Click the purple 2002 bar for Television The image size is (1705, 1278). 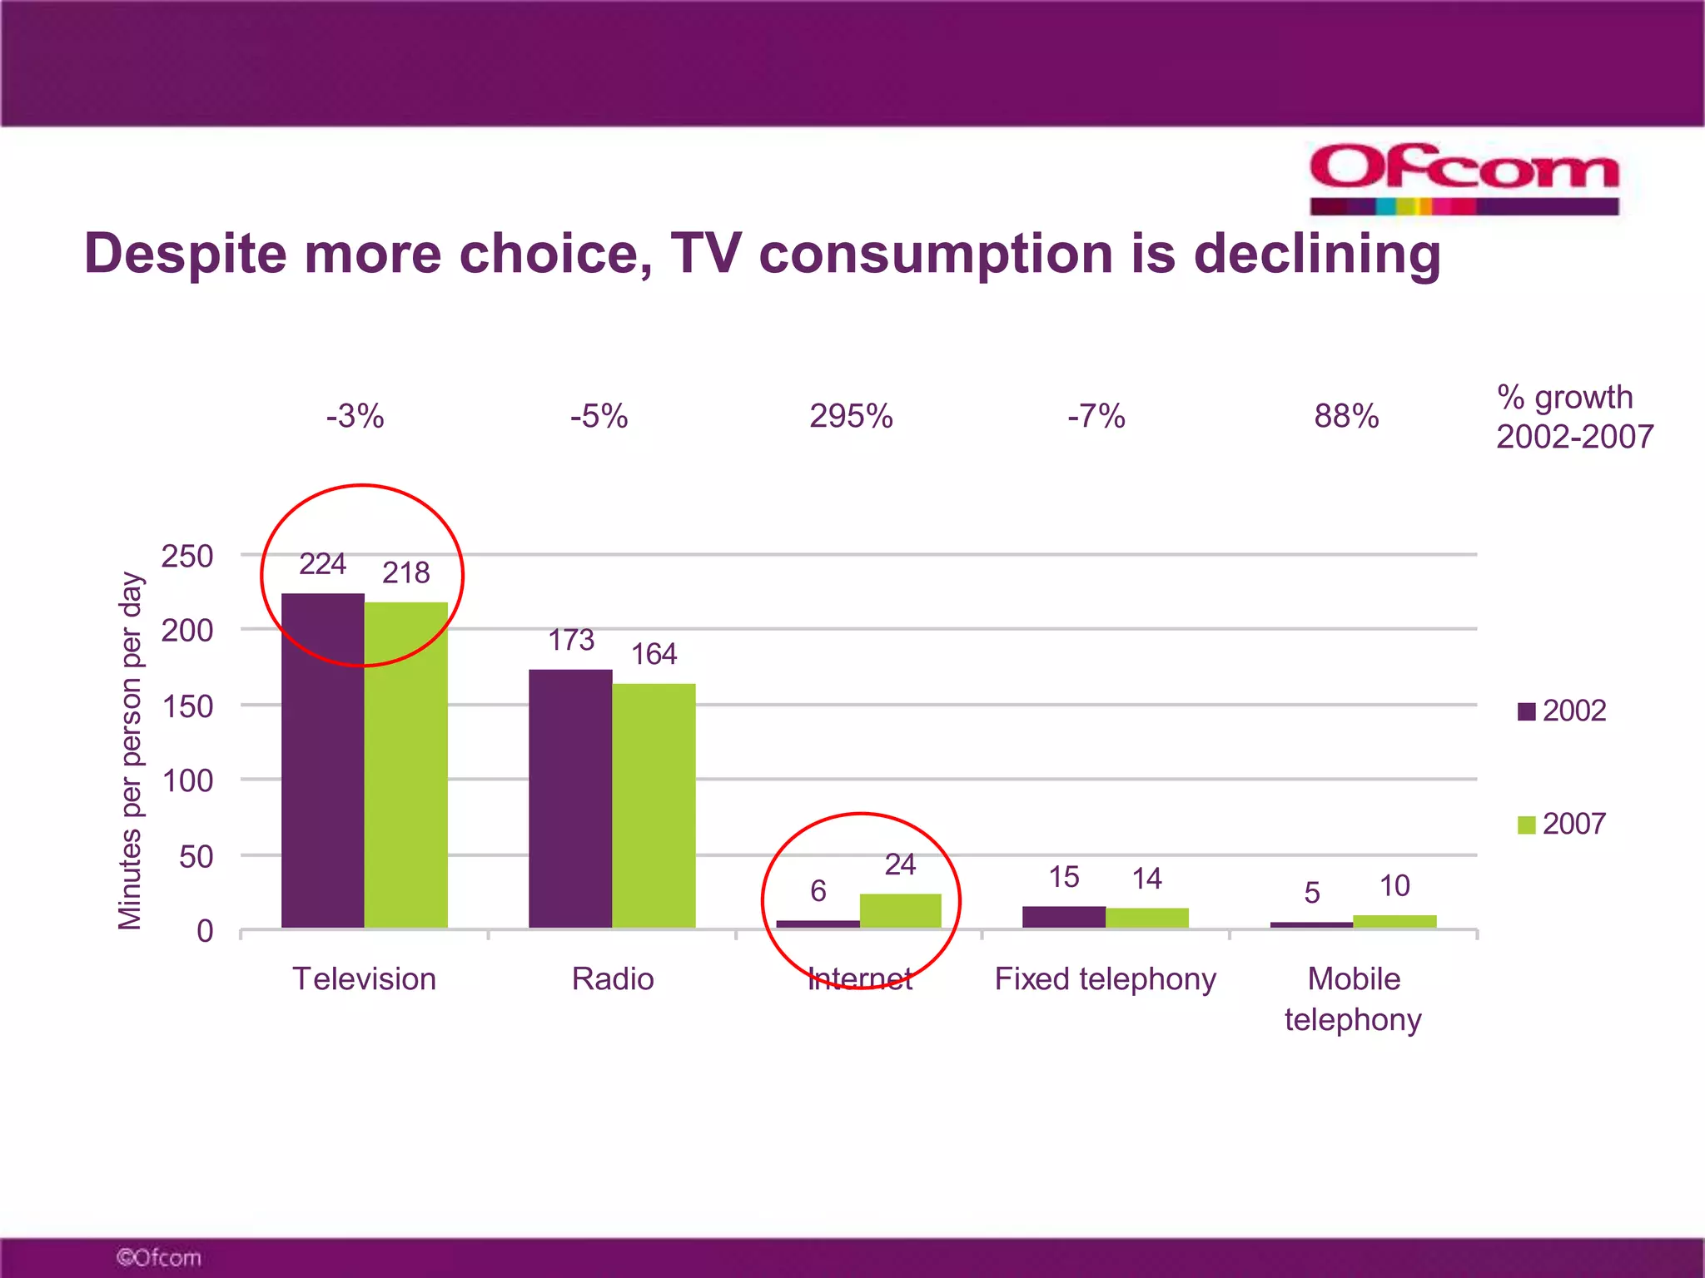pyautogui.click(x=322, y=761)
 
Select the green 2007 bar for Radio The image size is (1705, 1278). pyautogui.click(x=654, y=805)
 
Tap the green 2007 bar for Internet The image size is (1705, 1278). pyautogui.click(x=900, y=911)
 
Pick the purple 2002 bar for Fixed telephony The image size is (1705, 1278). pyautogui.click(x=1063, y=917)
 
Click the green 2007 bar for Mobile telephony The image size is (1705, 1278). pyautogui.click(x=1394, y=921)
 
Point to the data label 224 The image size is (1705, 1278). pyautogui.click(x=322, y=564)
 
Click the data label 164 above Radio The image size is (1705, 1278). pyautogui.click(x=654, y=654)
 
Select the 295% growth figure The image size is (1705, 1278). pyautogui.click(x=851, y=416)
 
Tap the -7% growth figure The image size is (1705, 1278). pyautogui.click(x=1096, y=416)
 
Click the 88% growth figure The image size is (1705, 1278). pyautogui.click(x=1346, y=416)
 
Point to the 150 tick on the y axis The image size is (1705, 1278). pyautogui.click(x=187, y=706)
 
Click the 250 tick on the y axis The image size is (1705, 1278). pyautogui.click(x=187, y=556)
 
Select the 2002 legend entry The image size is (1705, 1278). pyautogui.click(x=1562, y=711)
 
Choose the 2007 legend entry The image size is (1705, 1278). pyautogui.click(x=1562, y=824)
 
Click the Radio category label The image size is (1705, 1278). pyautogui.click(x=613, y=978)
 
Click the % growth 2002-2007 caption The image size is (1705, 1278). pyautogui.click(x=1573, y=417)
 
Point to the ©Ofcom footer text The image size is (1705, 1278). pyautogui.click(x=159, y=1257)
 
